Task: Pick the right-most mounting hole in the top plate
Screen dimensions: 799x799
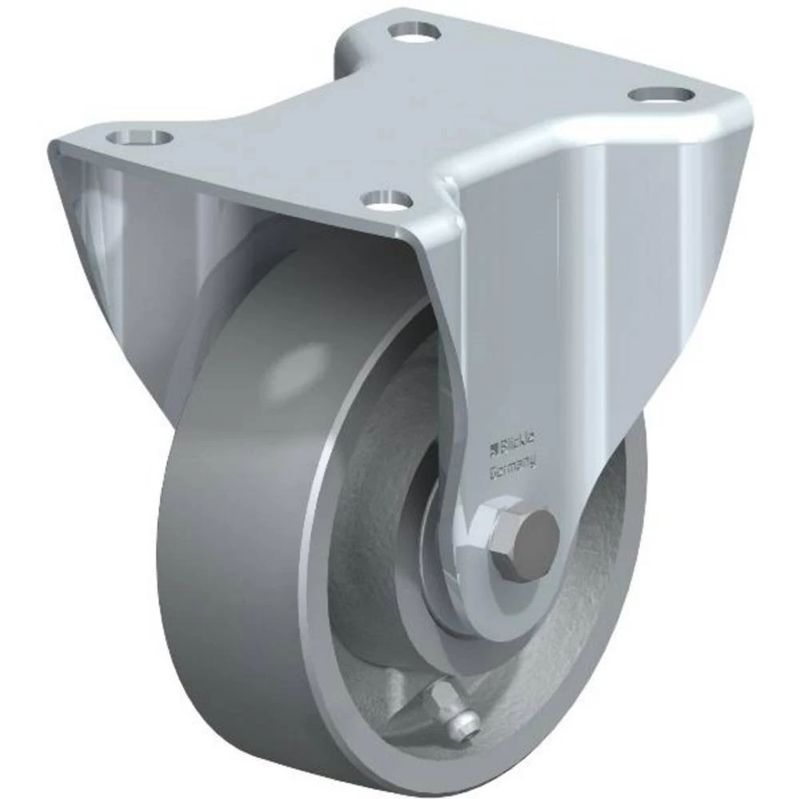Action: pos(660,94)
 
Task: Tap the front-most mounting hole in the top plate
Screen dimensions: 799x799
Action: pos(386,197)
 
